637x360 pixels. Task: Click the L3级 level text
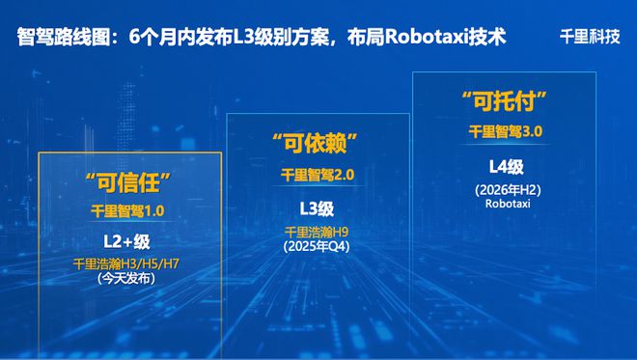pyautogui.click(x=316, y=208)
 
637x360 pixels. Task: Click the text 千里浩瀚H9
pyautogui.click(x=316, y=232)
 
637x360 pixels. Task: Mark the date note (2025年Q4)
pyautogui.click(x=316, y=246)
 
